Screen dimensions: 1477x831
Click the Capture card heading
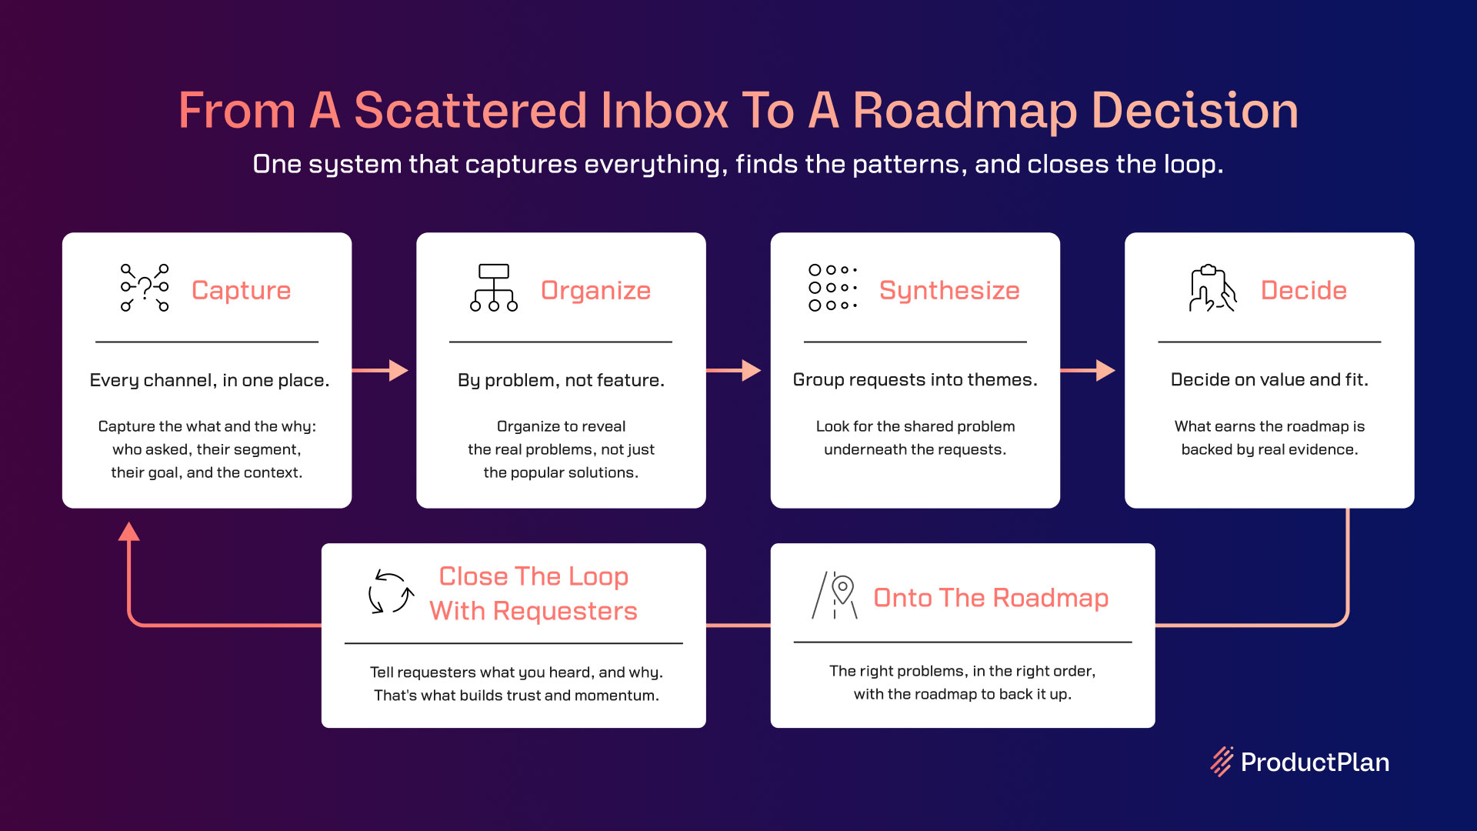pyautogui.click(x=241, y=290)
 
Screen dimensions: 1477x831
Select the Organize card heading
pyautogui.click(x=595, y=290)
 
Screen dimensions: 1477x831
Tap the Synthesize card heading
pyautogui.click(x=949, y=290)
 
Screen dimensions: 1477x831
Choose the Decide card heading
pyautogui.click(x=1304, y=290)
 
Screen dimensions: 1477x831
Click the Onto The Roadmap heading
pyautogui.click(x=991, y=598)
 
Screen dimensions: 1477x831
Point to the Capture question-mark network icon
pyautogui.click(x=145, y=288)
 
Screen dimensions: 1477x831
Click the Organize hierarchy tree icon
pyautogui.click(x=494, y=288)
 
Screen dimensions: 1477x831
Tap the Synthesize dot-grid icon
pyautogui.click(x=832, y=288)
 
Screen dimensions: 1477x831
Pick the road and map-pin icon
pyautogui.click(x=835, y=595)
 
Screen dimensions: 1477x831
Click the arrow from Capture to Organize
pyautogui.click(x=380, y=370)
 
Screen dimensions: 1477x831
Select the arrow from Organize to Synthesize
pyautogui.click(x=733, y=370)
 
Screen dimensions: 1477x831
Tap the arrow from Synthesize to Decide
pyautogui.click(x=1088, y=370)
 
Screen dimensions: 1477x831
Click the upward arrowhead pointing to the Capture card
pyautogui.click(x=129, y=531)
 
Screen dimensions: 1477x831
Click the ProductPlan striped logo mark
pyautogui.click(x=1222, y=762)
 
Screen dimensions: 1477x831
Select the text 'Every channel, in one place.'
pyautogui.click(x=209, y=380)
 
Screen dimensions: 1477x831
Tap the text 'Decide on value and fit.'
pyautogui.click(x=1269, y=379)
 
